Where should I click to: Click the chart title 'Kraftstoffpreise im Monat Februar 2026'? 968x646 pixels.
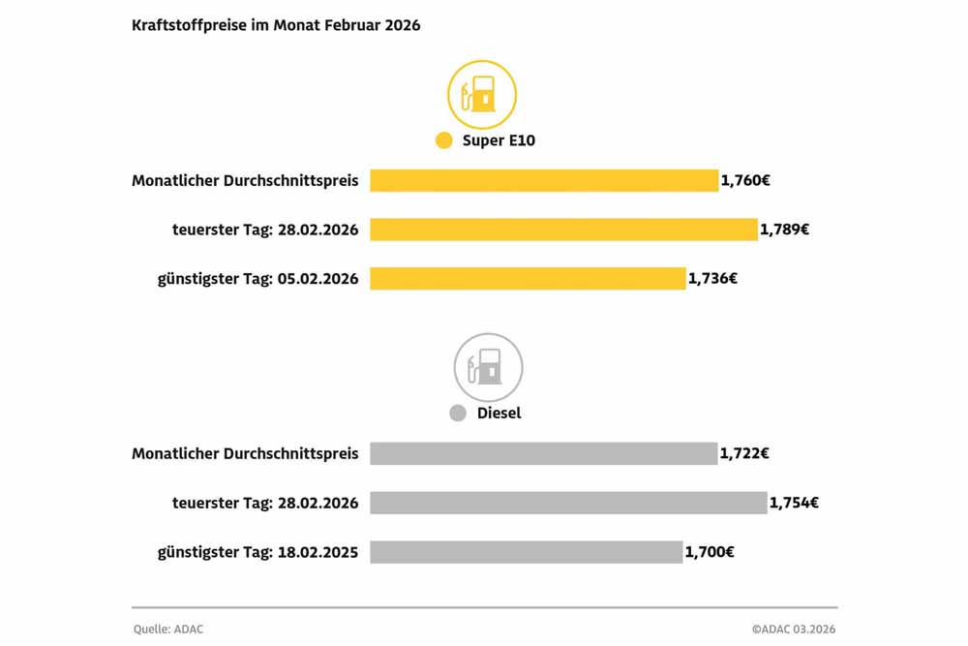276,26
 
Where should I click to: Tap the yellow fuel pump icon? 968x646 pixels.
482,95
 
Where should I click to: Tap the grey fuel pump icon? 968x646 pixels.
488,367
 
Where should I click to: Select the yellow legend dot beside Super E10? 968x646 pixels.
444,140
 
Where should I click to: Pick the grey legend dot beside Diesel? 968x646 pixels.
458,414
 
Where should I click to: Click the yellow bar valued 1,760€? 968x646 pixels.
544,180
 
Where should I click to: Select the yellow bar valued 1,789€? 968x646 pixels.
563,230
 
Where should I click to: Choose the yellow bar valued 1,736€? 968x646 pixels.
528,279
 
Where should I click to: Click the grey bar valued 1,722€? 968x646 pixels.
543,453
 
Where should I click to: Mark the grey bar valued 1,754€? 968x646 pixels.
568,503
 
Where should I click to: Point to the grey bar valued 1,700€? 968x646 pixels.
526,552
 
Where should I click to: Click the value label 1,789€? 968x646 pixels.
785,230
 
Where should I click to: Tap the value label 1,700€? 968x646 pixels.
710,552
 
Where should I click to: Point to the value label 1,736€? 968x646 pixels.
713,279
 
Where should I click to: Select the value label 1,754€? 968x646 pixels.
795,503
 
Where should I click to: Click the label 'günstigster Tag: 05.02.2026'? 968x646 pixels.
257,279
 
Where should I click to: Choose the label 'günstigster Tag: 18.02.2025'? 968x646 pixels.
257,552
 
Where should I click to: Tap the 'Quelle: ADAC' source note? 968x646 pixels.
168,630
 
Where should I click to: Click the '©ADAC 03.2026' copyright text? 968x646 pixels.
793,630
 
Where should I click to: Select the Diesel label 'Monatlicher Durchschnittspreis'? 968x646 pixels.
245,453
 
